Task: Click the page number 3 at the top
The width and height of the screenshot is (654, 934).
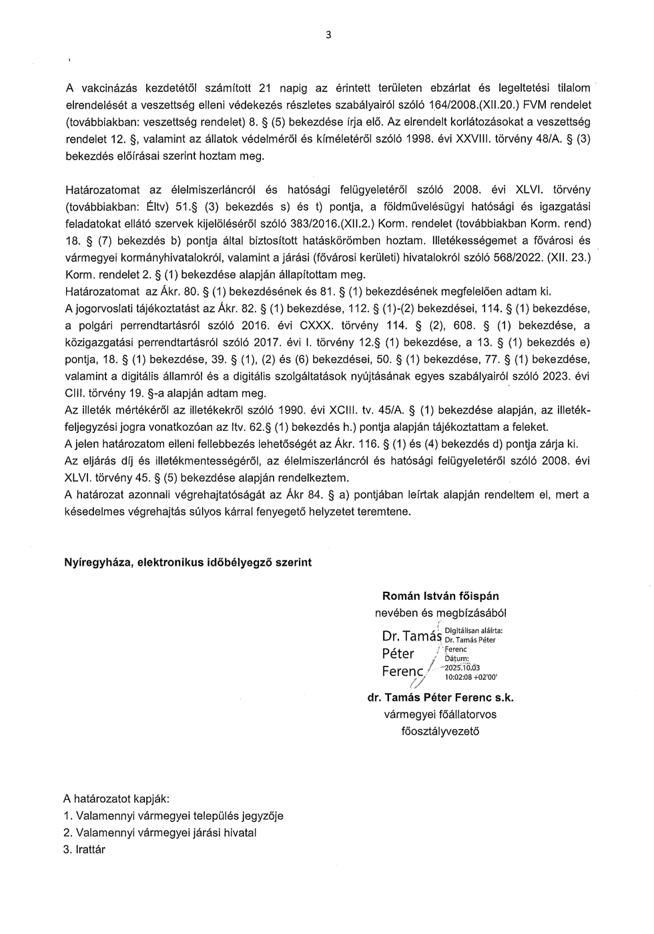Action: (328, 35)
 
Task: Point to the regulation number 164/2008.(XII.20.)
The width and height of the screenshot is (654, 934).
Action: (473, 105)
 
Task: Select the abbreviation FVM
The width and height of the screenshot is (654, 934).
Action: (535, 105)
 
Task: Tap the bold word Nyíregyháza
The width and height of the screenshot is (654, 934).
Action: (96, 562)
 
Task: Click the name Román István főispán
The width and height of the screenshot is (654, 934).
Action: (440, 596)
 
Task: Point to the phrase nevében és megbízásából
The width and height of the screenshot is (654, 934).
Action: (440, 612)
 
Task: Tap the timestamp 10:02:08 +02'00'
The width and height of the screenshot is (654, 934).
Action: (470, 676)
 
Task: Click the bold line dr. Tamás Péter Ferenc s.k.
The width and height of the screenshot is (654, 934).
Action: (440, 698)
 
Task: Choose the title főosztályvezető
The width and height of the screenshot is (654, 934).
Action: (440, 731)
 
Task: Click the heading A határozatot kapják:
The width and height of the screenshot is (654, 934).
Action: (116, 799)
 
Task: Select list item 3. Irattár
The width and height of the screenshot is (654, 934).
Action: (84, 849)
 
